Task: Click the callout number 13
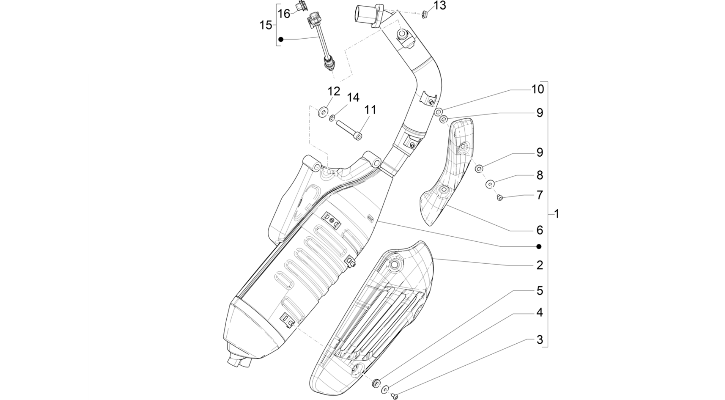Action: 440,6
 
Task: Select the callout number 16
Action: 284,14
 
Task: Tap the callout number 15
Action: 266,25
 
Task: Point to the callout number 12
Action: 334,91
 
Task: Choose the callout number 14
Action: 353,97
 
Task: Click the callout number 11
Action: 370,110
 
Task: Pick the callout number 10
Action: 538,89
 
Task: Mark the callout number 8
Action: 539,175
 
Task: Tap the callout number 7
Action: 539,195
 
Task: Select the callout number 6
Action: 539,230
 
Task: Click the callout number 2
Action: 539,265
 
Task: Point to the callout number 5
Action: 539,291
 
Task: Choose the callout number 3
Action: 539,340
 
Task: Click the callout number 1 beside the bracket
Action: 557,214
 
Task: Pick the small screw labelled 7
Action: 500,198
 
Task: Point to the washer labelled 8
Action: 490,184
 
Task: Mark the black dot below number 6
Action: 539,247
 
